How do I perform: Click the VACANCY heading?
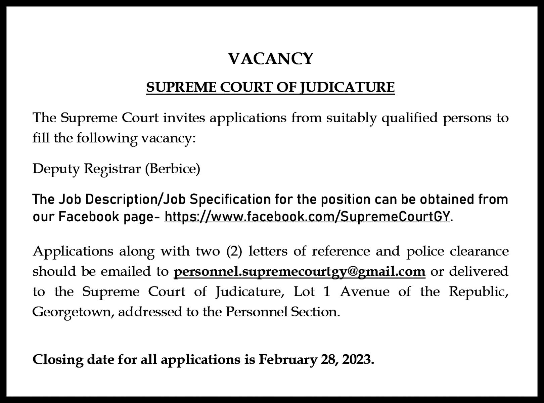(x=271, y=58)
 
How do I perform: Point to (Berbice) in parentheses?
(x=173, y=169)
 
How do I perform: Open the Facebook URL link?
(x=307, y=217)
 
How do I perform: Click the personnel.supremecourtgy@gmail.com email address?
(x=299, y=271)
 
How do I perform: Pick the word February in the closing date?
(x=287, y=359)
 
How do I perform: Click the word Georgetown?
(x=73, y=312)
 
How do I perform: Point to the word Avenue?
(x=365, y=292)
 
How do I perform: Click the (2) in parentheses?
(x=234, y=251)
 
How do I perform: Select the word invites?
(x=184, y=118)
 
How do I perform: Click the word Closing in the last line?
(x=58, y=359)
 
